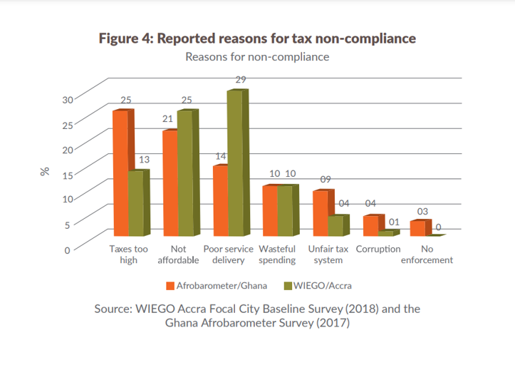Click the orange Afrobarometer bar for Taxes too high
point(120,173)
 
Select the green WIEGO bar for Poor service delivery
point(235,163)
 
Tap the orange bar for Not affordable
point(170,183)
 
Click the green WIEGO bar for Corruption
point(385,233)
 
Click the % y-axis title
point(44,172)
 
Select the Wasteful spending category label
point(278,255)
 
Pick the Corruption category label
point(378,250)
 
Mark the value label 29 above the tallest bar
point(241,81)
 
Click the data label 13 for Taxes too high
point(144,160)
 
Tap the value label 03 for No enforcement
point(422,211)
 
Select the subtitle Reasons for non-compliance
point(257,56)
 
